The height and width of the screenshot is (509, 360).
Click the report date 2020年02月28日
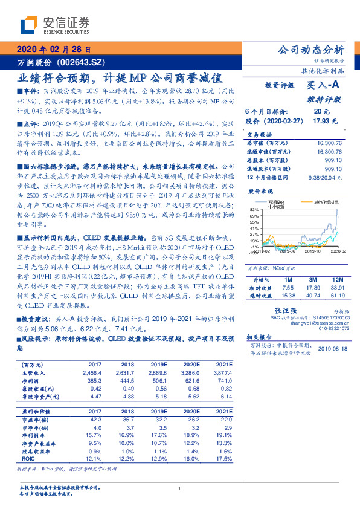point(54,49)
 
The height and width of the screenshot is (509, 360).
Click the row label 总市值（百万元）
point(266,143)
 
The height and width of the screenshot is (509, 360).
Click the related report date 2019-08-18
point(333,349)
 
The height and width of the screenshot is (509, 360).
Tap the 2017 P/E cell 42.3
point(95,419)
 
